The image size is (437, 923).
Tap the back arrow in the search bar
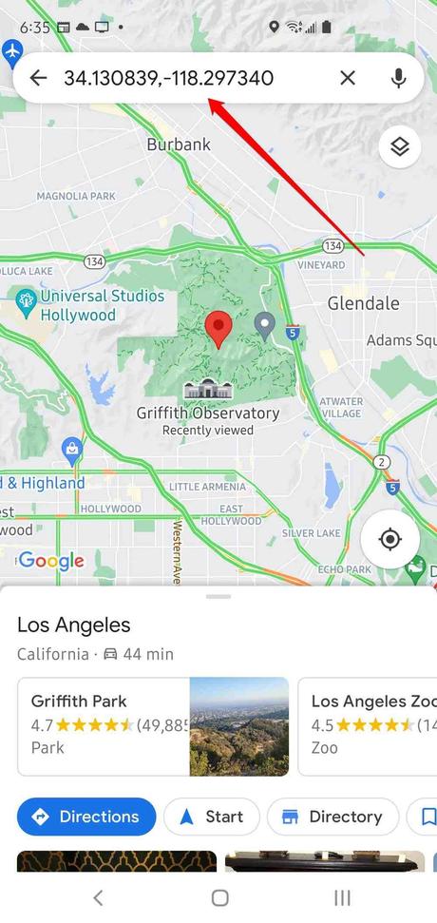pyautogui.click(x=38, y=78)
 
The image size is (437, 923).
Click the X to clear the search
pyautogui.click(x=348, y=78)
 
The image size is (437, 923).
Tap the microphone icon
pyautogui.click(x=399, y=78)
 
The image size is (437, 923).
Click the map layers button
pyautogui.click(x=399, y=146)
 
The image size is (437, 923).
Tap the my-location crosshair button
pyautogui.click(x=389, y=540)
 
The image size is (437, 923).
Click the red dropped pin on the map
pyautogui.click(x=218, y=329)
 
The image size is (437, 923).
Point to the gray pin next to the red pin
pyautogui.click(x=266, y=326)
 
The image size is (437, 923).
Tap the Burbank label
pyautogui.click(x=178, y=144)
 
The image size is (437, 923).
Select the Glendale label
pyautogui.click(x=363, y=303)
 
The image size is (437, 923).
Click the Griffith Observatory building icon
pyautogui.click(x=206, y=390)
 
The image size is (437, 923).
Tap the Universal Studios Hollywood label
pyautogui.click(x=101, y=305)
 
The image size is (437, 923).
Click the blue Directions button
pyautogui.click(x=86, y=817)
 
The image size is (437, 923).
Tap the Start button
pyautogui.click(x=211, y=817)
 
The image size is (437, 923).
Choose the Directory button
pyautogui.click(x=332, y=817)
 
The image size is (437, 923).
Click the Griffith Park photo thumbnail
pyautogui.click(x=238, y=725)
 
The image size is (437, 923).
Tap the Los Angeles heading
pyautogui.click(x=74, y=625)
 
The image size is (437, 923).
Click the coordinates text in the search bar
pyautogui.click(x=169, y=78)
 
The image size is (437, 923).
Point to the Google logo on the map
pyautogui.click(x=51, y=561)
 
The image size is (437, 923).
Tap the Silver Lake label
pyautogui.click(x=311, y=532)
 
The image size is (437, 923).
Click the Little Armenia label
pyautogui.click(x=207, y=487)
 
